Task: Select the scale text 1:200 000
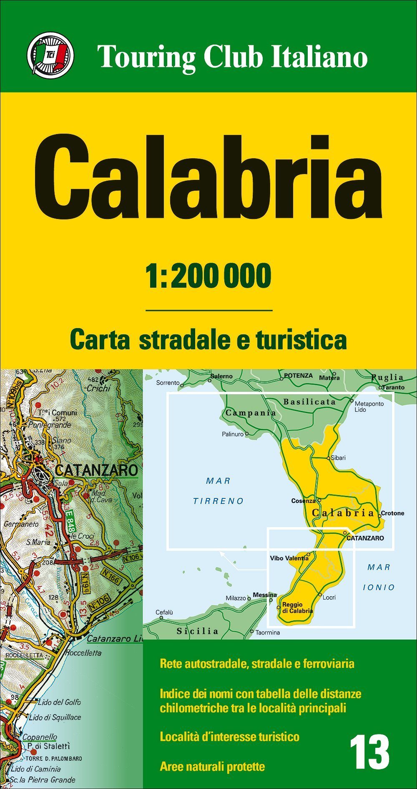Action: [208, 276]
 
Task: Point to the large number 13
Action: [369, 753]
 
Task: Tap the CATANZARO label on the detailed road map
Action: [96, 470]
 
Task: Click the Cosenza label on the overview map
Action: [303, 501]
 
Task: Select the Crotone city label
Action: [392, 513]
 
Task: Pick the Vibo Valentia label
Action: [289, 558]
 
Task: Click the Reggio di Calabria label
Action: [297, 607]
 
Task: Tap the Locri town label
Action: [329, 597]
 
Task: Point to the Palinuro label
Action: [233, 434]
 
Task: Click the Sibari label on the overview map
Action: [338, 458]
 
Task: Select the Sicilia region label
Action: [197, 631]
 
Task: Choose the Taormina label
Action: [268, 632]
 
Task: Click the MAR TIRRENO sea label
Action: [218, 491]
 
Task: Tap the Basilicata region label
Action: [309, 402]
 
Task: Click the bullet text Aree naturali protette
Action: [212, 766]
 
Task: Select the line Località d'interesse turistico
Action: [229, 737]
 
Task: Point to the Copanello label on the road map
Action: [40, 737]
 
